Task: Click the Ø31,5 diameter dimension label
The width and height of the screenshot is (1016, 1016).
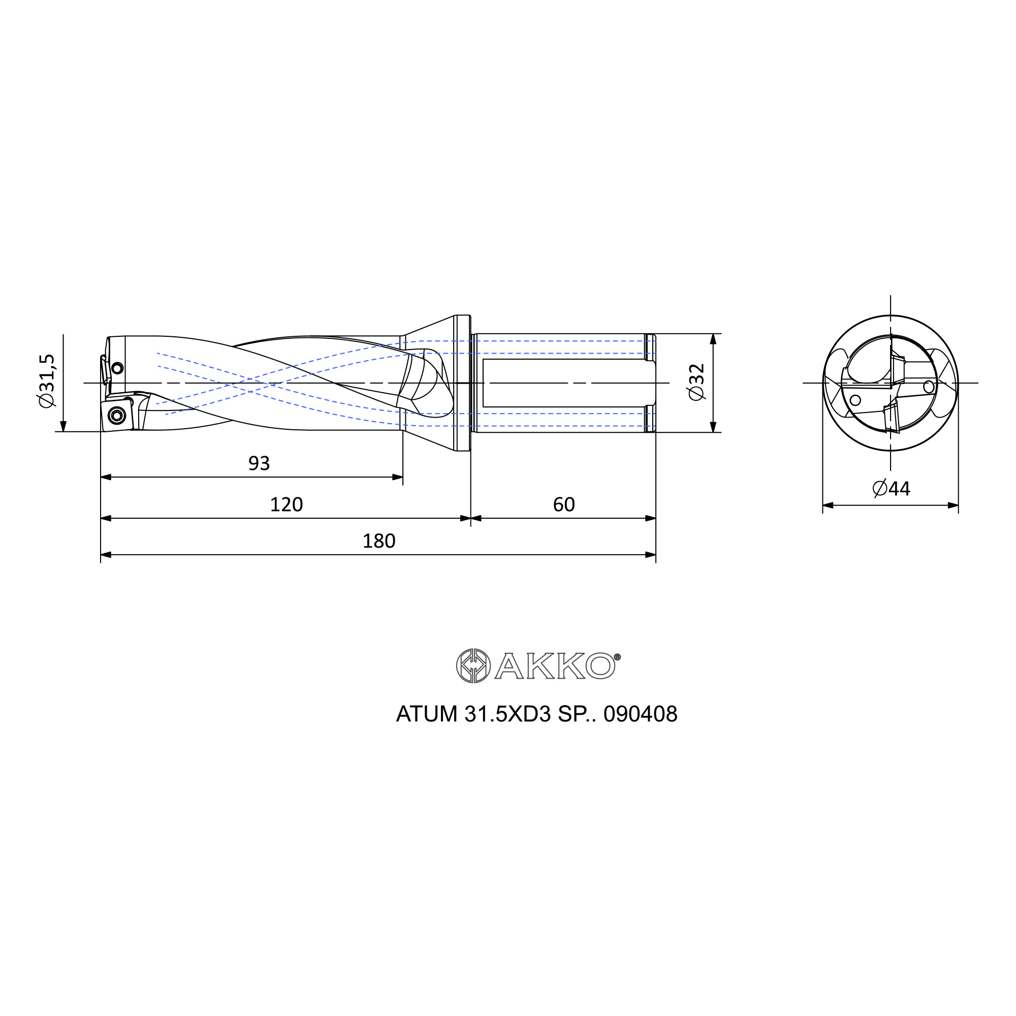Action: point(46,380)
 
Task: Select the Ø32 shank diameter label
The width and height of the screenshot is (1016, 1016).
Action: point(696,382)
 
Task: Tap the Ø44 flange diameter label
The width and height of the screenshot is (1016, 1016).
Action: point(891,489)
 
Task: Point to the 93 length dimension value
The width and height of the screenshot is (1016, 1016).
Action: point(259,463)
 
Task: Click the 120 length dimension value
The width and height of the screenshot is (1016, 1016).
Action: point(286,504)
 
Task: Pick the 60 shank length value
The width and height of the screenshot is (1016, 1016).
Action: point(564,504)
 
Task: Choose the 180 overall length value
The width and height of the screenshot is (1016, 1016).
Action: point(378,541)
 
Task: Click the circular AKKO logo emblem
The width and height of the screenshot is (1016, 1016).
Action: point(473,666)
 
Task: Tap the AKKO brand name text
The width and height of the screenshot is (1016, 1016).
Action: point(555,666)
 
